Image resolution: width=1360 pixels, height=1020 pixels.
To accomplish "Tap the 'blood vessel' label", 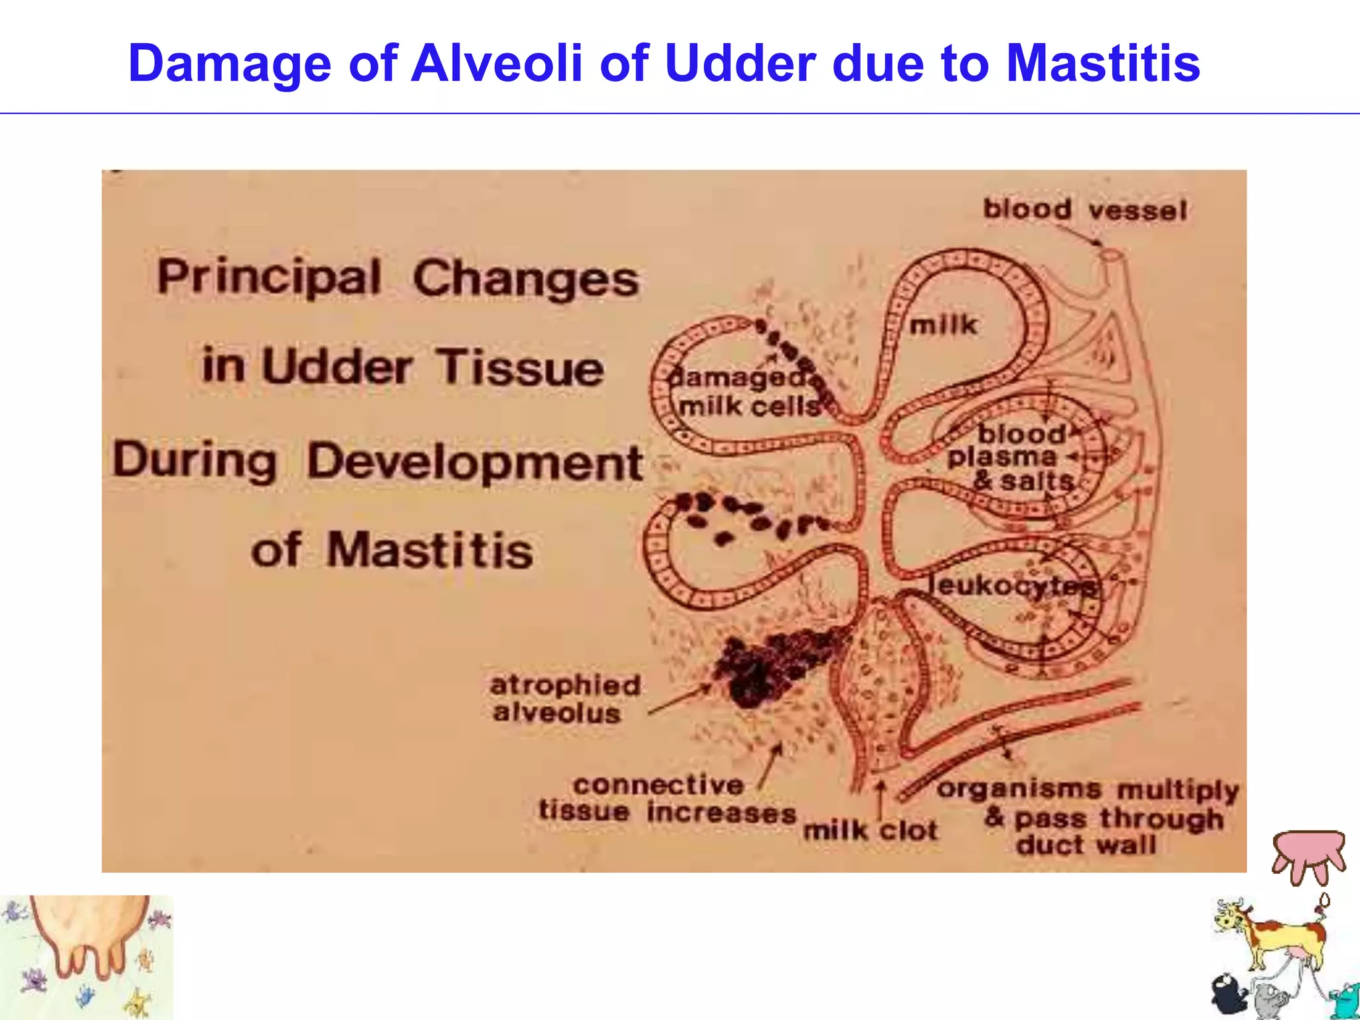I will pos(1084,210).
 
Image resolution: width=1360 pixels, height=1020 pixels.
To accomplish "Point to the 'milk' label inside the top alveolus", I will pos(943,325).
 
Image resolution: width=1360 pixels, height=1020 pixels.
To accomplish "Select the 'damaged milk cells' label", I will pos(747,392).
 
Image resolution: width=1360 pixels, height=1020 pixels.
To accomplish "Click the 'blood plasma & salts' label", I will pos(1016,458).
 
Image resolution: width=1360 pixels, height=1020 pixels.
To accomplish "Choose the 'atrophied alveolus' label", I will pos(564,699).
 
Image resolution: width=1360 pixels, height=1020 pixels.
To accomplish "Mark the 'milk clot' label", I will pos(870,830).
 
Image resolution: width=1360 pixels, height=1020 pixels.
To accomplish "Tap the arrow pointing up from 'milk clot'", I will pos(881,800).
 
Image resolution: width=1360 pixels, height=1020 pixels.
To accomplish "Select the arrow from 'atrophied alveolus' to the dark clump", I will pos(681,701).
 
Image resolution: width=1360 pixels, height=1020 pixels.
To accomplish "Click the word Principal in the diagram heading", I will pos(269,278).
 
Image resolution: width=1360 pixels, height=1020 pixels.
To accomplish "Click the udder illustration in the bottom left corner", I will pos(86,943).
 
